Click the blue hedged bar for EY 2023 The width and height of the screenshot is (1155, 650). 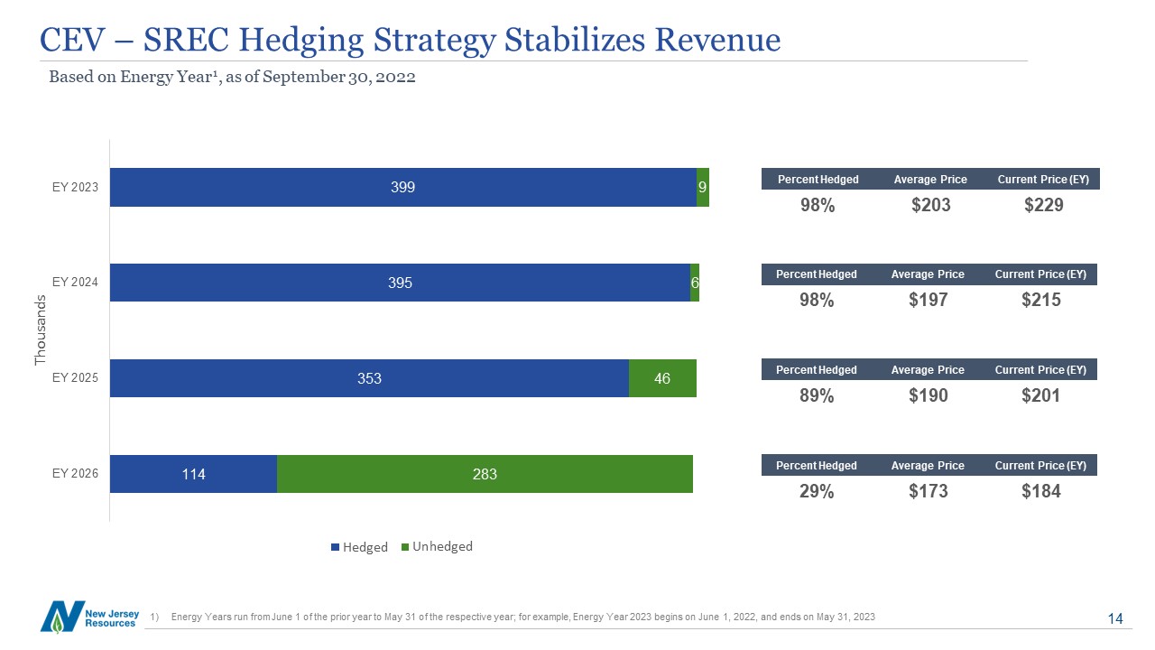point(402,187)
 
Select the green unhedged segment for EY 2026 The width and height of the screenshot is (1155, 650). point(485,474)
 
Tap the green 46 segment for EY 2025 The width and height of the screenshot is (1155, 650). point(662,378)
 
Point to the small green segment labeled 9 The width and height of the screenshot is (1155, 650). point(703,187)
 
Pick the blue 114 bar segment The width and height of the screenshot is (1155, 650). point(193,474)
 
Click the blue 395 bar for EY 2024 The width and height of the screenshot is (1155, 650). point(400,283)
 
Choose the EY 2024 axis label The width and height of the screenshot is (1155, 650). point(75,282)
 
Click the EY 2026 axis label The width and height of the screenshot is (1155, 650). point(75,473)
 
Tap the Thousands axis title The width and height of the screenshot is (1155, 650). point(40,330)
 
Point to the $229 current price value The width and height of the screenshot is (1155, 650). point(1044,205)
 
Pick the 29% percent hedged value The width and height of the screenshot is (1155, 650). point(817,492)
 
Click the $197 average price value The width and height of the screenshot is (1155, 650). point(929,301)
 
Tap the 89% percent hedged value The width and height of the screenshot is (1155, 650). point(817,396)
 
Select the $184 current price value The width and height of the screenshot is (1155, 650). point(1040,492)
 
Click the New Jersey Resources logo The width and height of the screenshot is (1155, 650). point(89,616)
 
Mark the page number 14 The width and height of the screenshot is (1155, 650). point(1114,618)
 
